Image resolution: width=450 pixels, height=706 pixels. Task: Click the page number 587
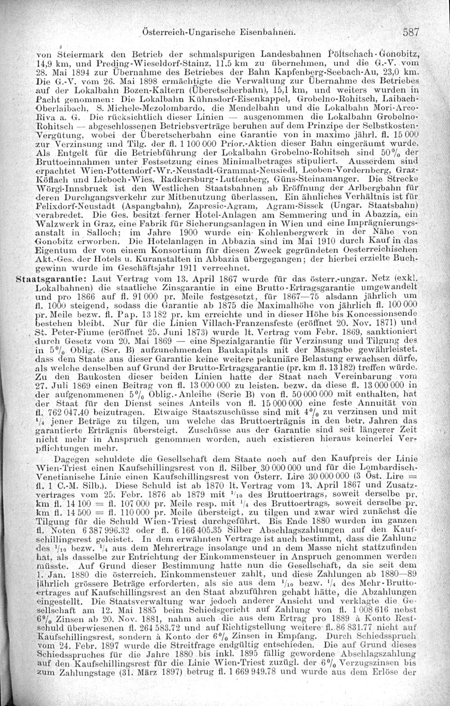click(x=411, y=32)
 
